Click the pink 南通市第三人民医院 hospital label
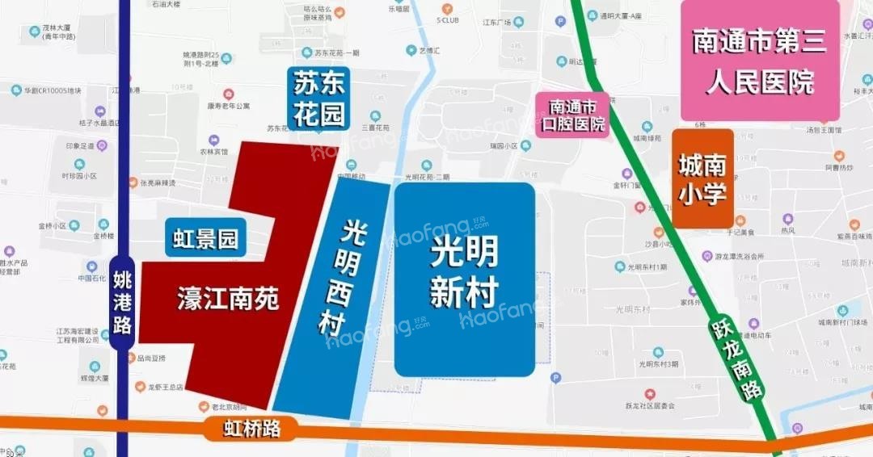tap(760, 61)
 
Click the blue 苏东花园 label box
tap(319, 99)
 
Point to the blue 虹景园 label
tap(206, 239)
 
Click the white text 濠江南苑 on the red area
tap(228, 300)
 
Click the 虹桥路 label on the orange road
tap(252, 428)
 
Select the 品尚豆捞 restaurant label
tap(151, 358)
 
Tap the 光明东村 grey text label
tap(633, 308)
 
